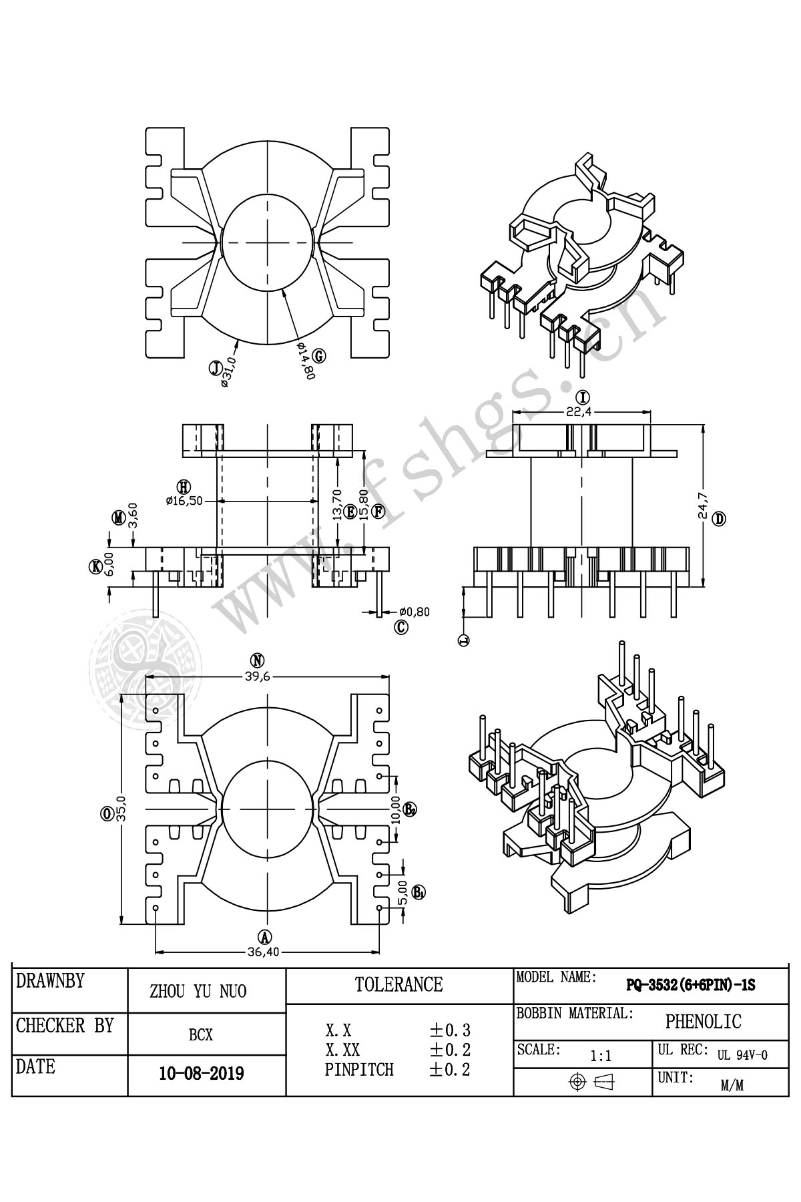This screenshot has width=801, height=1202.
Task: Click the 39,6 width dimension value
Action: (x=267, y=676)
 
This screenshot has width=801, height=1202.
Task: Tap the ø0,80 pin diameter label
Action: (x=415, y=610)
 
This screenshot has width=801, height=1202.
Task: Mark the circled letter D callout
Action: (x=718, y=518)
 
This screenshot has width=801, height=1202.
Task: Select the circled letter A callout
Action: (x=265, y=936)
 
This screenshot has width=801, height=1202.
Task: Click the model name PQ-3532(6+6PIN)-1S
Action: (x=690, y=985)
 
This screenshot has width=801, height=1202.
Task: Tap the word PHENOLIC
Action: (x=703, y=1021)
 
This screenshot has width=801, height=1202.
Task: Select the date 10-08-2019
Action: (x=201, y=1074)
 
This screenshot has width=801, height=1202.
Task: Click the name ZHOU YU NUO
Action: (x=198, y=992)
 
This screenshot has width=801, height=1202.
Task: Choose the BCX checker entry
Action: (x=201, y=1035)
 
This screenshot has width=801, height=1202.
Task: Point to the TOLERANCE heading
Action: (x=398, y=984)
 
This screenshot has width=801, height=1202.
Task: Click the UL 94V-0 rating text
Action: (x=742, y=1056)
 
